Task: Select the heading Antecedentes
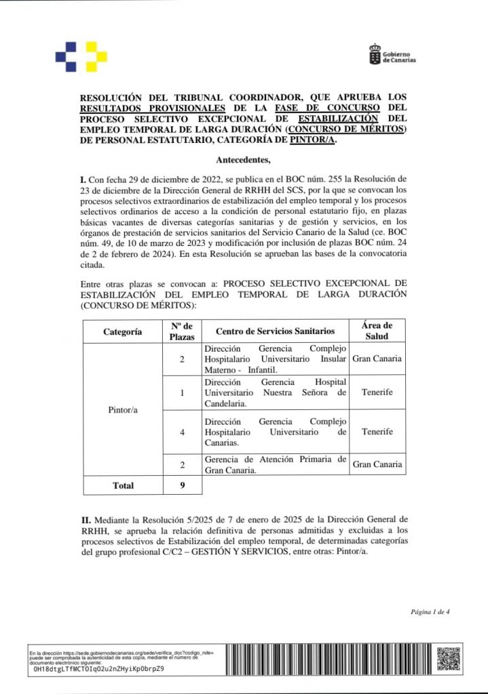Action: point(243,161)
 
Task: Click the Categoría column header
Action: point(122,331)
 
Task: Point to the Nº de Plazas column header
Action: point(182,331)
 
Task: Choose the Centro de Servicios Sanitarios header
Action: point(275,331)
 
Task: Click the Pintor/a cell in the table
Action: point(122,411)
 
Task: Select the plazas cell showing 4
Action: point(182,432)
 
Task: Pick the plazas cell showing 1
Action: point(182,392)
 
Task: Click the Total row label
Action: point(122,485)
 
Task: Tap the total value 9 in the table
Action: point(182,485)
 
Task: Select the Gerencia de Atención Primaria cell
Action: point(275,465)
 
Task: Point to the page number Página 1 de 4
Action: point(430,612)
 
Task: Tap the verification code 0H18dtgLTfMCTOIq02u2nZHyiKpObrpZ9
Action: point(98,668)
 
